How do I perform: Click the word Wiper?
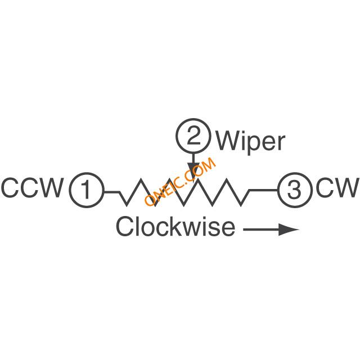click(251, 142)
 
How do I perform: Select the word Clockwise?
click(176, 226)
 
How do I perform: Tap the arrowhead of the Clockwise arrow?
click(289, 229)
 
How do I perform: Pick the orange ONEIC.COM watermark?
click(180, 182)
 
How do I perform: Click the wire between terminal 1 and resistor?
click(112, 191)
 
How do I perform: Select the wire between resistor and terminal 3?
click(263, 190)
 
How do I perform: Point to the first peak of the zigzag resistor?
click(141, 180)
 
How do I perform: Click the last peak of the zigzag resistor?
click(227, 180)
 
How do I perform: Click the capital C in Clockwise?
click(125, 226)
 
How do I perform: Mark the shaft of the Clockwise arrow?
click(261, 229)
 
